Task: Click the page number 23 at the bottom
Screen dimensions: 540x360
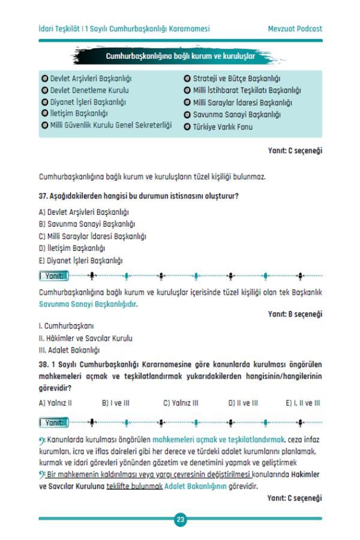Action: coord(180,520)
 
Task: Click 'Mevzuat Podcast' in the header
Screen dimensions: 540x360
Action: coord(295,29)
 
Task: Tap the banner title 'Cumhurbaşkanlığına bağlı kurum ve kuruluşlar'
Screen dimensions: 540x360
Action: coord(180,56)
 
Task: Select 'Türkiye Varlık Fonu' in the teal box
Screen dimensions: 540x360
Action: coord(223,127)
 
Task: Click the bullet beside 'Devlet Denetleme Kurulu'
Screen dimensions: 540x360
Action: coord(44,90)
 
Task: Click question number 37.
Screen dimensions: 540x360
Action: coord(43,196)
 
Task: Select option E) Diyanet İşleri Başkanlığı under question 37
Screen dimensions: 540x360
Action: coord(80,260)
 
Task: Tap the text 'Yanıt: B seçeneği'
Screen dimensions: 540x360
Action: coord(295,314)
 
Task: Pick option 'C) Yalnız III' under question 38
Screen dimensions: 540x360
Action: coord(181,403)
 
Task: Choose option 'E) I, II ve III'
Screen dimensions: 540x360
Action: coord(302,403)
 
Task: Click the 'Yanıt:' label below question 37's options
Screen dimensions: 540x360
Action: coord(53,276)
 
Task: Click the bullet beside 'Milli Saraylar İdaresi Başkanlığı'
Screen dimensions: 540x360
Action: coord(187,103)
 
